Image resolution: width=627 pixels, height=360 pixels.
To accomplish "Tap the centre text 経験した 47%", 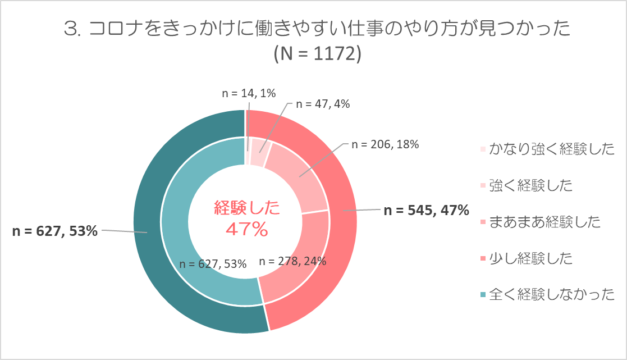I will pos(246,219).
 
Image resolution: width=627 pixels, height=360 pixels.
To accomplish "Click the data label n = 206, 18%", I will pos(385,144).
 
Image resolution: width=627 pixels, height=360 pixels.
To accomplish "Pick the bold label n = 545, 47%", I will pos(425,211).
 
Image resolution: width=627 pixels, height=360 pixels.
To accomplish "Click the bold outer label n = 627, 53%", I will pos(56,231).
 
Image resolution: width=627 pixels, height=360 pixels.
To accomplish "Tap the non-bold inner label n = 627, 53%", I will pos(213,264).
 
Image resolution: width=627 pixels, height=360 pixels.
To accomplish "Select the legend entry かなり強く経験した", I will pos(552,149).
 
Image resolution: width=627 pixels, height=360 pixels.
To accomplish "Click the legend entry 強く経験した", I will pos(530,185).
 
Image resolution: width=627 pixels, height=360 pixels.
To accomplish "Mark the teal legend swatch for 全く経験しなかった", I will pos(483,294).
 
